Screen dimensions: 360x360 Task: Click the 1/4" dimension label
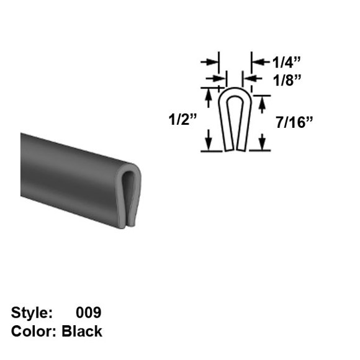(286, 62)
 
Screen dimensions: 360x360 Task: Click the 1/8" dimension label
(286, 79)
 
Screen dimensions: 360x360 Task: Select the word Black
(82, 331)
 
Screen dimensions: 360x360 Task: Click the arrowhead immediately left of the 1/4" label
(255, 62)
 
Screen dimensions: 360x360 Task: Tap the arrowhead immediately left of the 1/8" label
(246, 79)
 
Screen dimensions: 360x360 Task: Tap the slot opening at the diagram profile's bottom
(235, 150)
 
